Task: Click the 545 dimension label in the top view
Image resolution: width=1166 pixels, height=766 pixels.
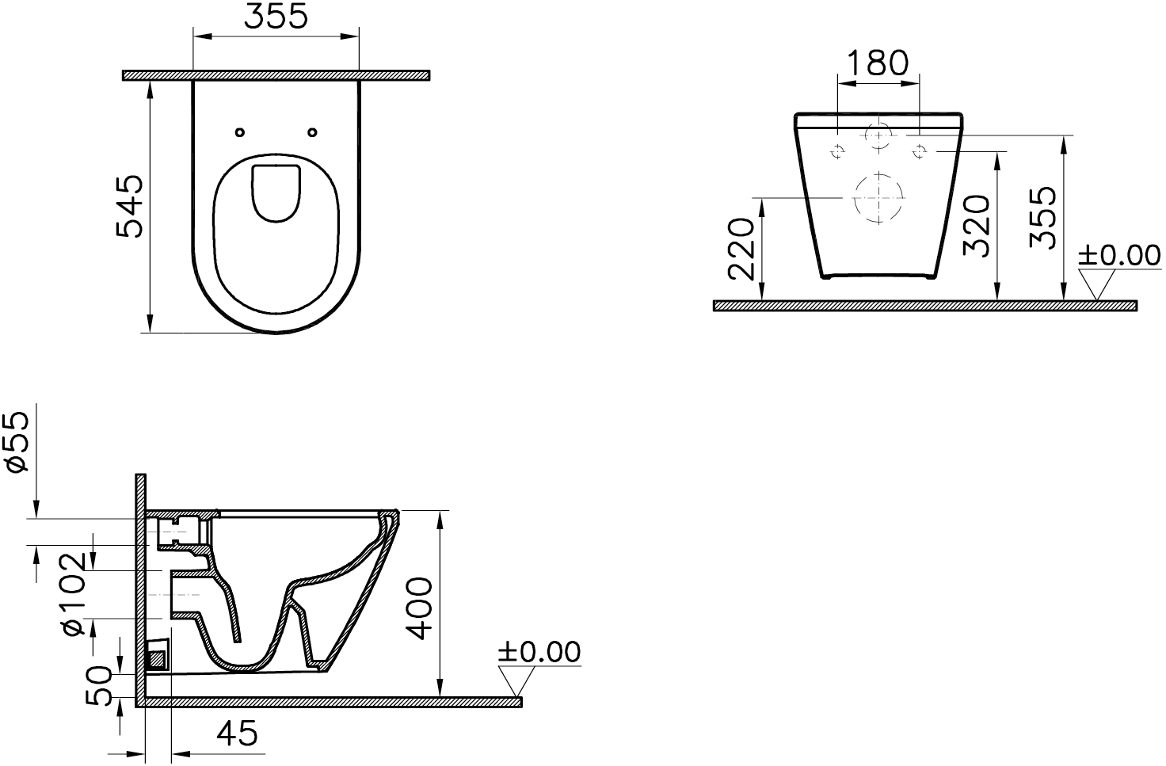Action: coord(129,207)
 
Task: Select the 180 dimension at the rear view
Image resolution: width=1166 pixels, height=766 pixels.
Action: coord(878,63)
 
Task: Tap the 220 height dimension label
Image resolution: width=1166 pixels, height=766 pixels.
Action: coord(741,250)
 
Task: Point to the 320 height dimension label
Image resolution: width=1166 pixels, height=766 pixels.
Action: coord(976,226)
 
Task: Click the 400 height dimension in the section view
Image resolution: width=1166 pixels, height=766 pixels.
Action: coord(419,608)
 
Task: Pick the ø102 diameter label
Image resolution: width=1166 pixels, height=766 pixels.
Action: coord(72,594)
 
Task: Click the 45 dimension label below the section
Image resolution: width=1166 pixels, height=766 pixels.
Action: coord(237,734)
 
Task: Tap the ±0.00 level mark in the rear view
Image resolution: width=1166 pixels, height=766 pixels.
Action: coord(1119,256)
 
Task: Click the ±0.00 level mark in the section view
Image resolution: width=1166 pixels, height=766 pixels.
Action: coord(539,652)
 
